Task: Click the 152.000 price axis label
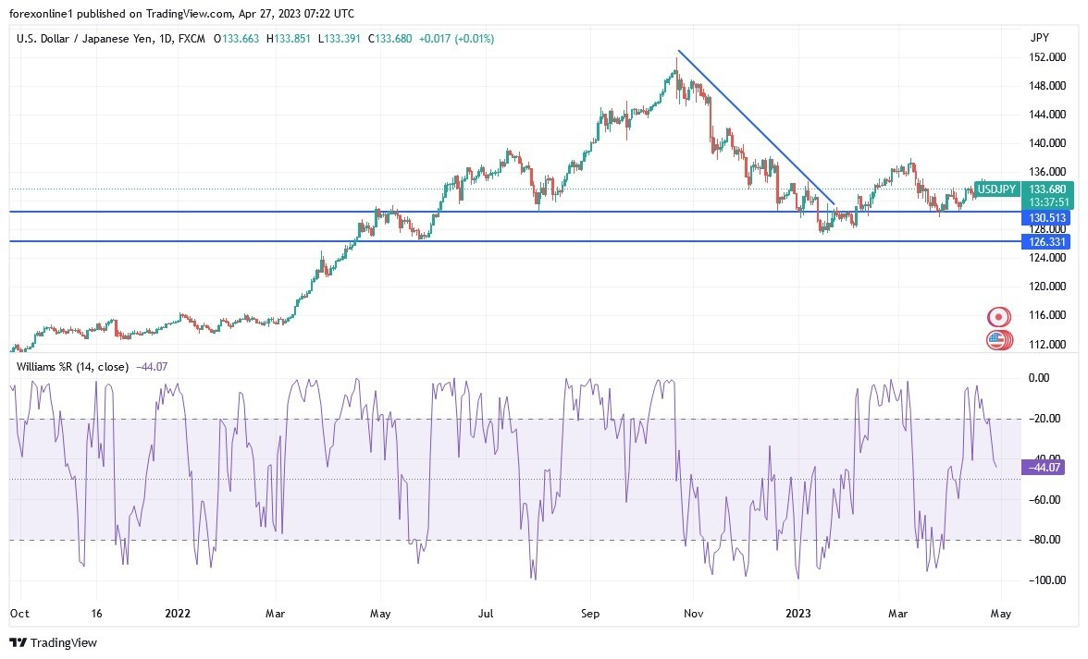(x=1046, y=57)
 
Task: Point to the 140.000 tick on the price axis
(x=1046, y=143)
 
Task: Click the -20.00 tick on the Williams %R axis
(x=1045, y=419)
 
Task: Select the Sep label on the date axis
(x=591, y=613)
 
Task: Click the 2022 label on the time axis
(x=178, y=613)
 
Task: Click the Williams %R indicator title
(x=72, y=367)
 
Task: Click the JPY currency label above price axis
(x=1039, y=38)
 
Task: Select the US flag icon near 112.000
(x=996, y=340)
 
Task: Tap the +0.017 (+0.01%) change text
(x=456, y=39)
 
